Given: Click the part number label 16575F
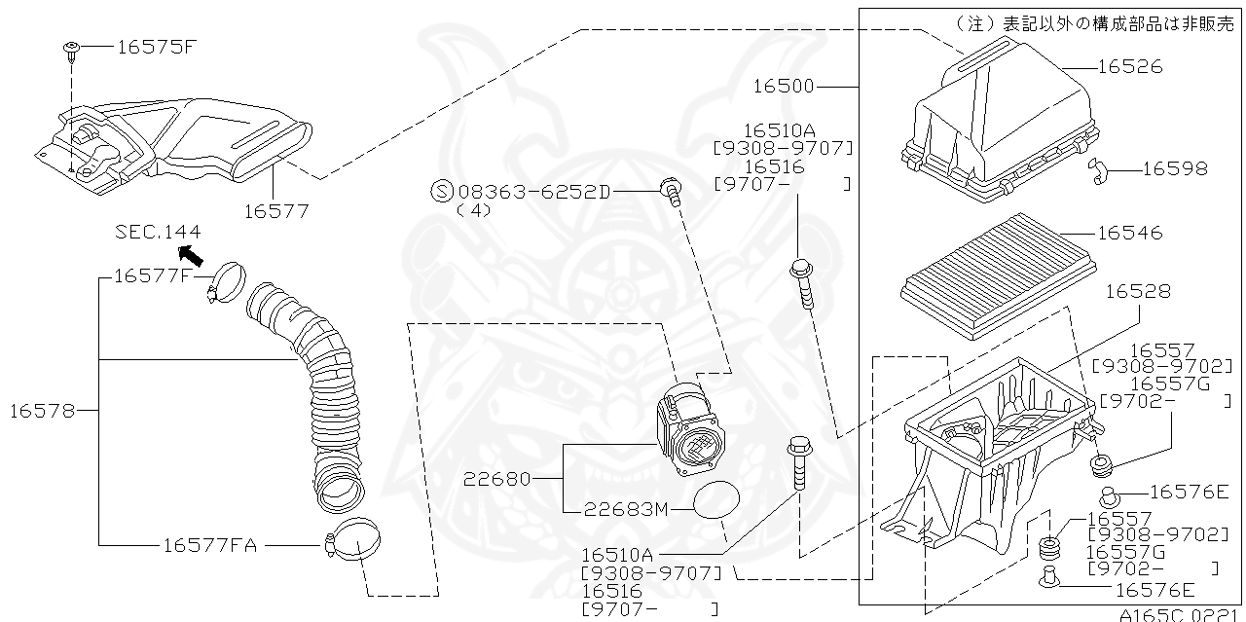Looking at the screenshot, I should pos(157,46).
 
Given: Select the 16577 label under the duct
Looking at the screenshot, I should pos(275,210).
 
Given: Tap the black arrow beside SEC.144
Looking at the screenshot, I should pos(192,256).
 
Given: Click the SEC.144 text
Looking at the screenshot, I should pos(158,232).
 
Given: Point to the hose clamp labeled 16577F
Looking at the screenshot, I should pos(228,283).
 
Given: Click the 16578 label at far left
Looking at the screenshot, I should pos(42,411).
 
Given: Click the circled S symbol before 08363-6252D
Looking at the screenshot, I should pos(441,192).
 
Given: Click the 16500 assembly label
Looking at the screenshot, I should pos(784,87).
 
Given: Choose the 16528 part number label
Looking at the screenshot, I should pos(1138,291).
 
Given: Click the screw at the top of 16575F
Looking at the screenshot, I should pos(73,48).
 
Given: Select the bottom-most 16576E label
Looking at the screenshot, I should pos(1154,589).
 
